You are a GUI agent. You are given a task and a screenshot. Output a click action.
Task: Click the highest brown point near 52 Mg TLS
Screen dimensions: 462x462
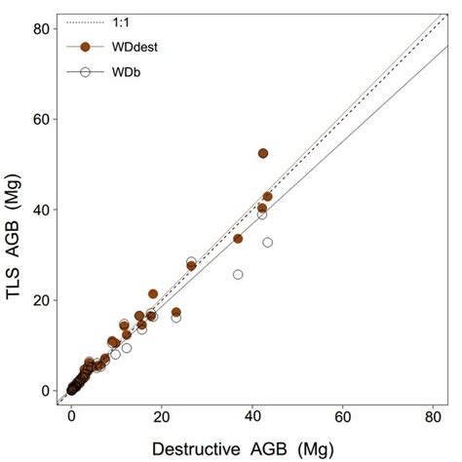(263, 153)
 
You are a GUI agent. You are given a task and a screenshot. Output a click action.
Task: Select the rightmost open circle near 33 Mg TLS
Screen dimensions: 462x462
(268, 242)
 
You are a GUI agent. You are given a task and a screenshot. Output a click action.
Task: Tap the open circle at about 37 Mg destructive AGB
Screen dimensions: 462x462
(238, 275)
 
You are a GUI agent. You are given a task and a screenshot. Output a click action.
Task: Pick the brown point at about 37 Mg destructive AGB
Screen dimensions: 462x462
(238, 239)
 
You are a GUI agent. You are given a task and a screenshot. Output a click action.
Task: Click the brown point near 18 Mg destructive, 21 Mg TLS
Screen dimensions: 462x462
(153, 293)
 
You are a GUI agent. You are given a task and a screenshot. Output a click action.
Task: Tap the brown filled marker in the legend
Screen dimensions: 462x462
(86, 46)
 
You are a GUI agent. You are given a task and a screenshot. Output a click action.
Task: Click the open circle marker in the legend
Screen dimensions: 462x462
(86, 71)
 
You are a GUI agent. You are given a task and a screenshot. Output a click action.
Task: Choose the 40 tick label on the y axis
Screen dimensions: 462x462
(47, 210)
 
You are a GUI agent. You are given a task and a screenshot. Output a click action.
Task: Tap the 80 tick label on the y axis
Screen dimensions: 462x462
(47, 28)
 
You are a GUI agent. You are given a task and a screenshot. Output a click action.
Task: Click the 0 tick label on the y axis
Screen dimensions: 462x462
(51, 391)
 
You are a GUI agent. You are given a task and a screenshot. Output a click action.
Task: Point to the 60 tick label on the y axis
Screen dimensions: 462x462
(47, 119)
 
